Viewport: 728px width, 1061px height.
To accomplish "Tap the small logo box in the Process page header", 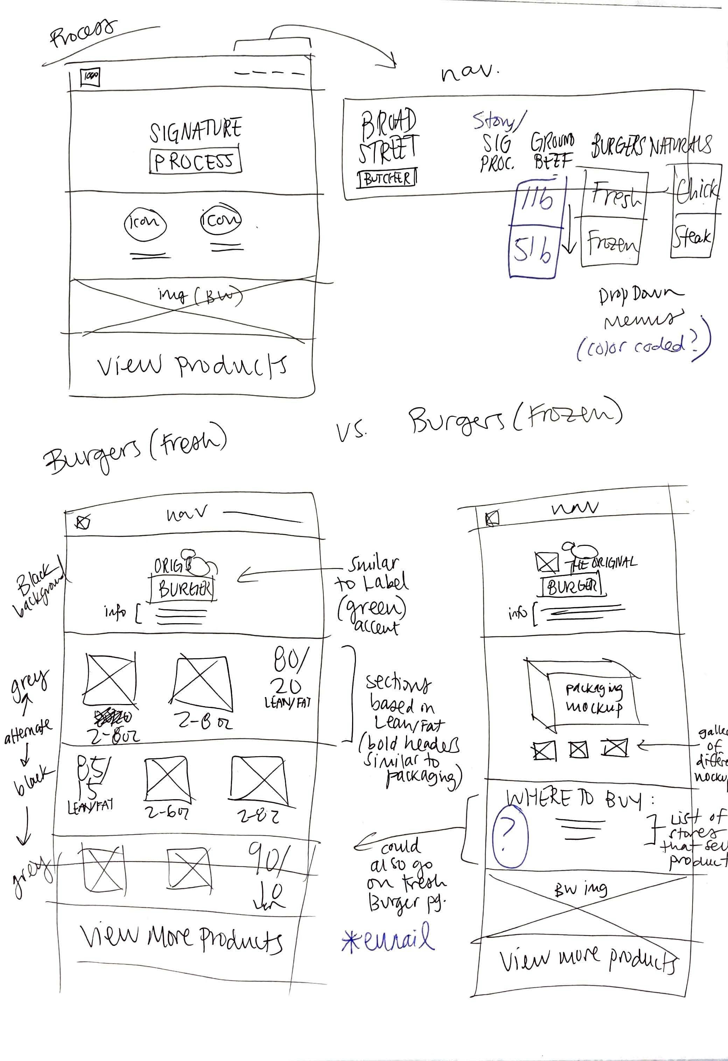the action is (90, 76).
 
